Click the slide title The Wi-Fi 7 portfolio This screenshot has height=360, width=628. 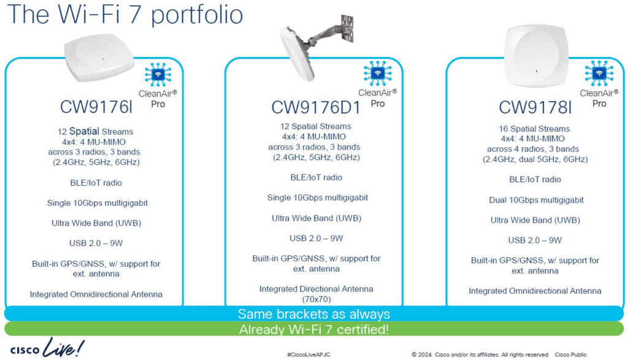[125, 15]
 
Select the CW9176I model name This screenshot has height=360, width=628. [96, 107]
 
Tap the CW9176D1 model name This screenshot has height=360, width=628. [316, 107]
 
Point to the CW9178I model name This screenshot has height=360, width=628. [535, 107]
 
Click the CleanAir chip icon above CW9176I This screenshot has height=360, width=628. [158, 74]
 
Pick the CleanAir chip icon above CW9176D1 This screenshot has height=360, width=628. [377, 73]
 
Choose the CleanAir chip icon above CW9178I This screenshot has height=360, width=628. [599, 73]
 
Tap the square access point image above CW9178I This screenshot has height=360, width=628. [536, 56]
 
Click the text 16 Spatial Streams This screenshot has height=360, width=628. [534, 129]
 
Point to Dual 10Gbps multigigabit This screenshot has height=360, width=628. [536, 200]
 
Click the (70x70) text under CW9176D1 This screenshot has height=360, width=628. [316, 299]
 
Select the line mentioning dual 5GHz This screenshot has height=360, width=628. [535, 159]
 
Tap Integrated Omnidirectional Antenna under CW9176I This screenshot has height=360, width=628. [96, 294]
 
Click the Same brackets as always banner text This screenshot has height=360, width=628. [314, 314]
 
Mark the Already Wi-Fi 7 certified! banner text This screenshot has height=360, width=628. [314, 329]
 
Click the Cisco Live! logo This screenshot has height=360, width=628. [47, 348]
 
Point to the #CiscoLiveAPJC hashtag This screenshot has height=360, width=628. [309, 355]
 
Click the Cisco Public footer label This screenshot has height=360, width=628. [570, 355]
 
